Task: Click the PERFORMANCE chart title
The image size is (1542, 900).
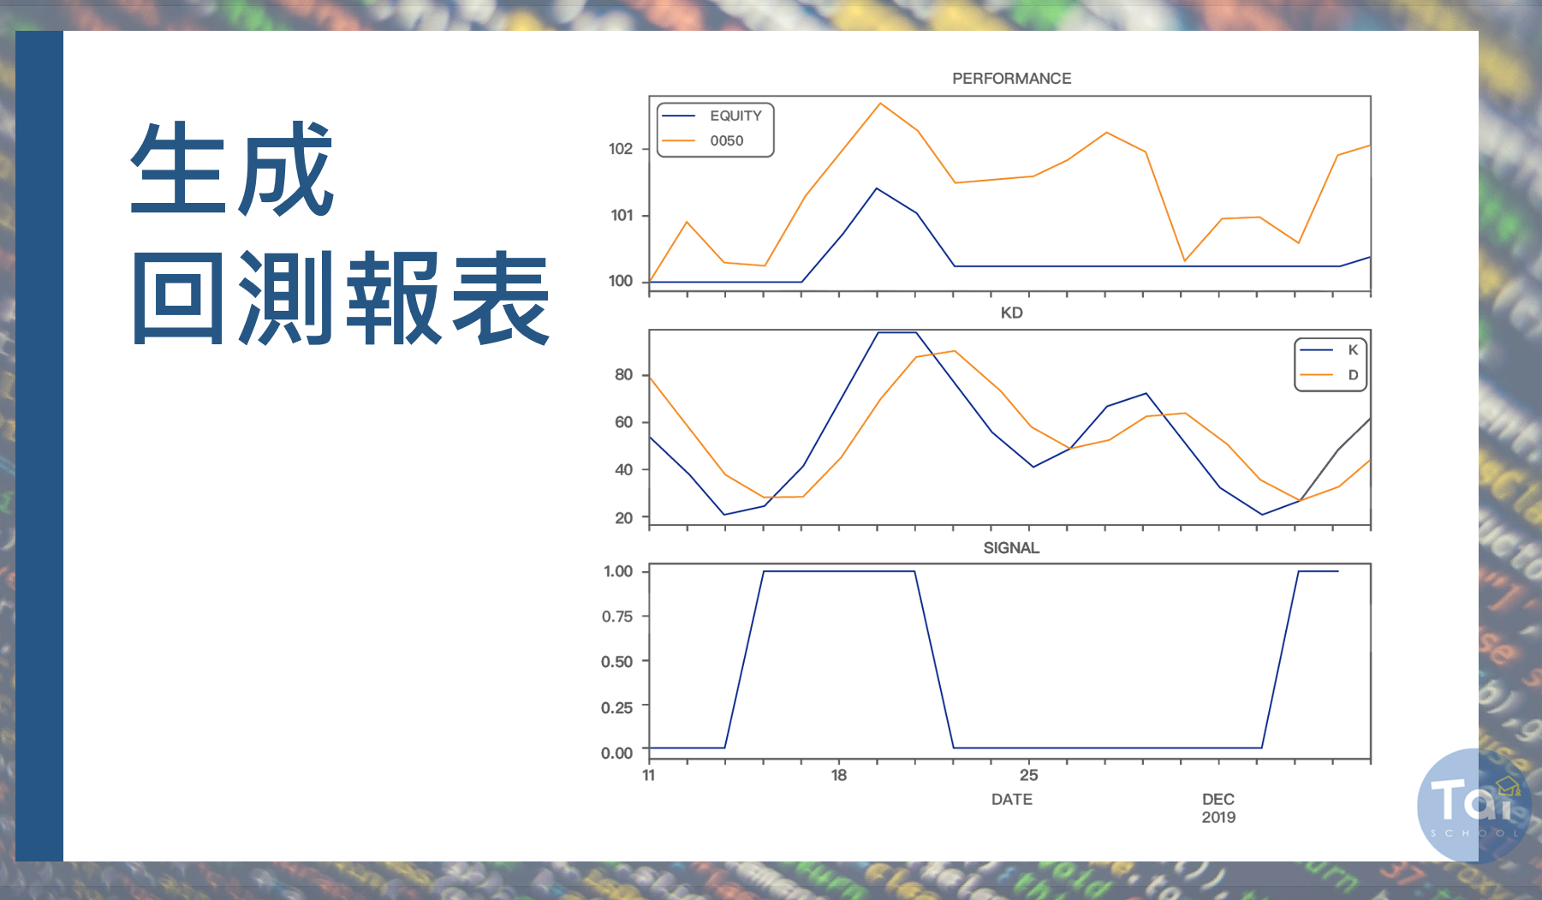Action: pyautogui.click(x=1011, y=79)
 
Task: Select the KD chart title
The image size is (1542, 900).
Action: pyautogui.click(x=1011, y=313)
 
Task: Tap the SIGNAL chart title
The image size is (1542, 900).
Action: pyautogui.click(x=1011, y=548)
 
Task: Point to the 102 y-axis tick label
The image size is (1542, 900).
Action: pyautogui.click(x=621, y=149)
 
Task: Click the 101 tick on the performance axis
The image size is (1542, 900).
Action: pyautogui.click(x=622, y=215)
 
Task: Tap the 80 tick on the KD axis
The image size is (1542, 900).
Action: pyautogui.click(x=623, y=375)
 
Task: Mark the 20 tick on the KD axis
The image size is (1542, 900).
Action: pyautogui.click(x=623, y=518)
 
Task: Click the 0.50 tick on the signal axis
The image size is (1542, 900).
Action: pyautogui.click(x=617, y=662)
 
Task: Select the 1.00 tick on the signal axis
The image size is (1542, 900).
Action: pyautogui.click(x=618, y=571)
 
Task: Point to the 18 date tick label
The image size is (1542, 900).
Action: pyautogui.click(x=838, y=775)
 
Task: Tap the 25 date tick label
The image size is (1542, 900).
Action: pyautogui.click(x=1028, y=775)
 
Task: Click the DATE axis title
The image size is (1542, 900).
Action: pyautogui.click(x=1011, y=799)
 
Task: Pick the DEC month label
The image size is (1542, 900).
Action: pyautogui.click(x=1218, y=799)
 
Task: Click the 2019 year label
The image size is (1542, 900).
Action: pyautogui.click(x=1218, y=817)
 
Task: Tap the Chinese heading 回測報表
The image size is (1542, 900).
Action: pyautogui.click(x=341, y=298)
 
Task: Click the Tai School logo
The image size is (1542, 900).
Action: pyautogui.click(x=1474, y=805)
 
